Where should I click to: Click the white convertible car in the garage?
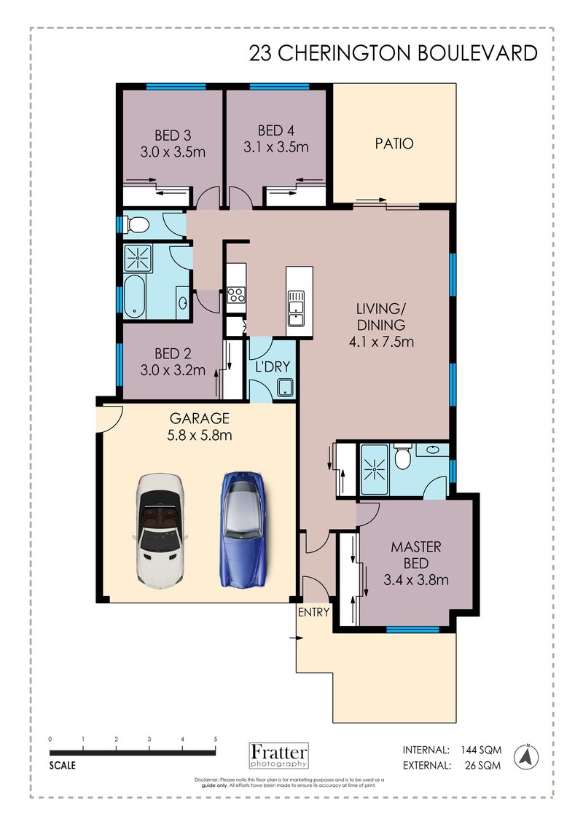160,531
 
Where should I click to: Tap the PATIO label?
394,144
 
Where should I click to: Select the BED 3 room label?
173,135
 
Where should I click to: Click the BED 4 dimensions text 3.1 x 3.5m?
276,147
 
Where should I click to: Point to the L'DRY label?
273,366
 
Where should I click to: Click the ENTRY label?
314,612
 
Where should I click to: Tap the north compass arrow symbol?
525,757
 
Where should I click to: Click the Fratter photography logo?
278,756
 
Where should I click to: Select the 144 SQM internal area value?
481,750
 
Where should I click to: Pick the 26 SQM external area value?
483,766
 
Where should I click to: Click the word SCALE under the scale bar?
63,766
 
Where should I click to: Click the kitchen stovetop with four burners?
236,295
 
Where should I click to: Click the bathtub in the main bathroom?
135,297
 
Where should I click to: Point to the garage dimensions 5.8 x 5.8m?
200,435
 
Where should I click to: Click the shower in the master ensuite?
375,468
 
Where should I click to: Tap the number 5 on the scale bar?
216,739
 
